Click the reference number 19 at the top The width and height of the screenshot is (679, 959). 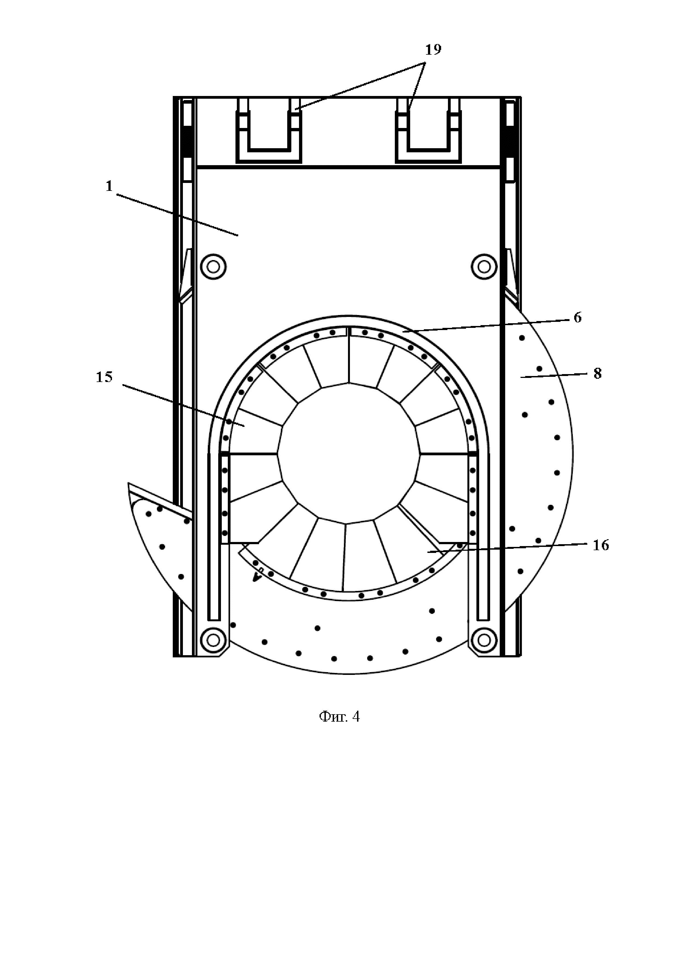(433, 50)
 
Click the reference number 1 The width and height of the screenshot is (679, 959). (109, 186)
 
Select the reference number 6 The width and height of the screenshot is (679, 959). (577, 317)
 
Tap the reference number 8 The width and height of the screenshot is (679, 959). (597, 374)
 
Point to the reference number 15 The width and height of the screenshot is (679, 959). (104, 377)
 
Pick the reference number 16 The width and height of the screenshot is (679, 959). (601, 545)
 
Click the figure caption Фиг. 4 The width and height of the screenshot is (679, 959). (339, 717)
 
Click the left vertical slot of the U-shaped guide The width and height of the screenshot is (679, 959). (214, 539)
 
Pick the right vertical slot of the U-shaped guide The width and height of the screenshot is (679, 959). (483, 539)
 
